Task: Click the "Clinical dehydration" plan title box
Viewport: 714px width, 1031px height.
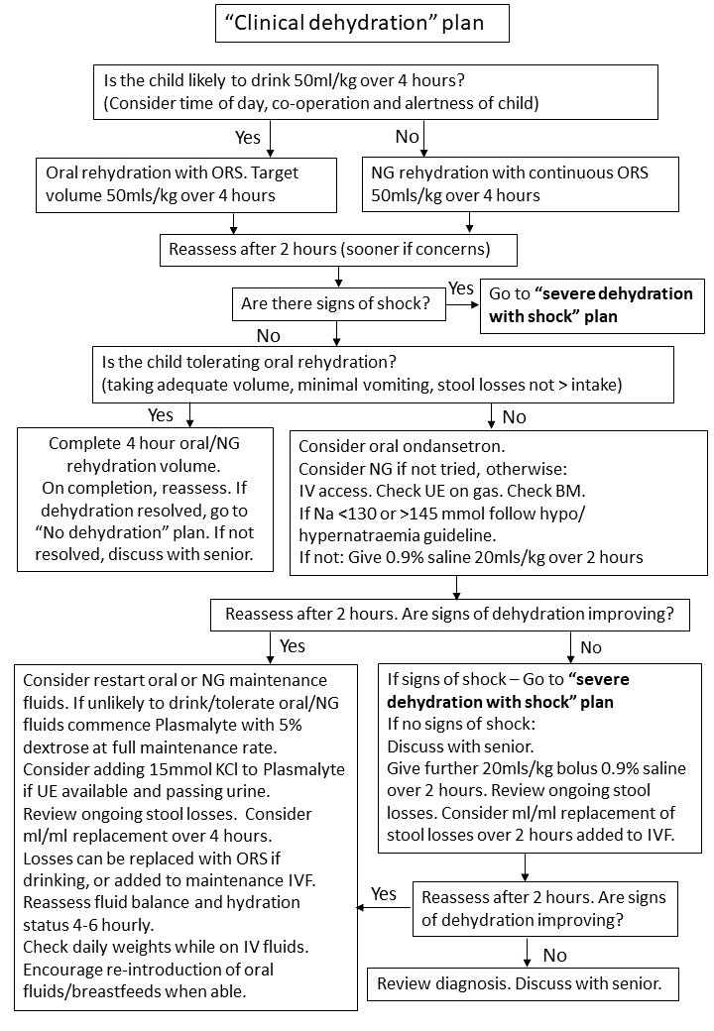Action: click(x=362, y=23)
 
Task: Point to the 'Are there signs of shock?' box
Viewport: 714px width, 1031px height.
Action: click(x=337, y=304)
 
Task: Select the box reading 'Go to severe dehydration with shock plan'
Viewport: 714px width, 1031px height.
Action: click(x=592, y=305)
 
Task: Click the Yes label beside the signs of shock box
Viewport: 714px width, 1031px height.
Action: click(x=461, y=287)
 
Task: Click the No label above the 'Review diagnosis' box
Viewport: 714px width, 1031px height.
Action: click(x=554, y=955)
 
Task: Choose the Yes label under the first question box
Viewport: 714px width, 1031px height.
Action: click(x=248, y=136)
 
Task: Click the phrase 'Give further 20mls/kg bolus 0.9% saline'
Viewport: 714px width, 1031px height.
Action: click(x=535, y=768)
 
